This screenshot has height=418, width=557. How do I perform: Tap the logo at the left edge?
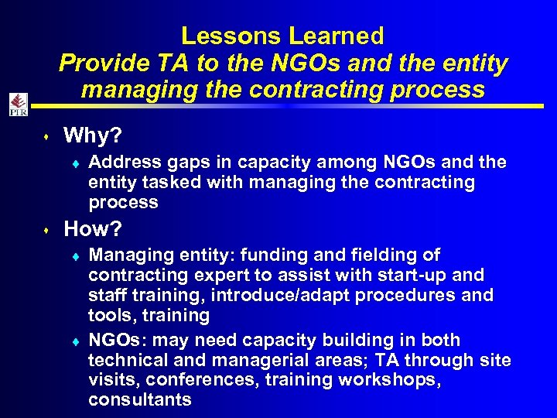(18, 104)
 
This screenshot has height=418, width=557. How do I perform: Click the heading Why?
(92, 136)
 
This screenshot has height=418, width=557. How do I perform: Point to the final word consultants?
(140, 400)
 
